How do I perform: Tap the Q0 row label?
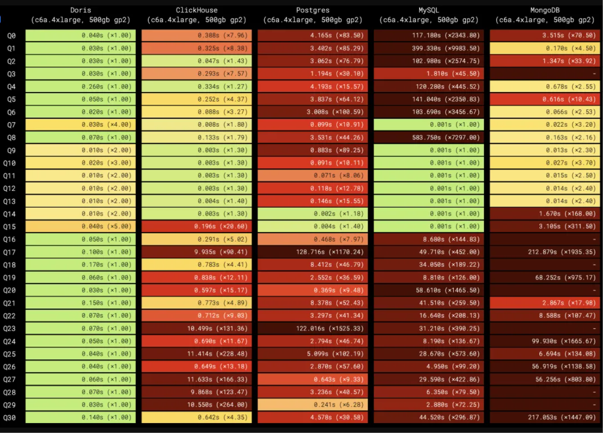11,36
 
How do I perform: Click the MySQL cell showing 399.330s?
429,48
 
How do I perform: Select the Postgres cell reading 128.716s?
312,252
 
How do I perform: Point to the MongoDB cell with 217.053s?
545,418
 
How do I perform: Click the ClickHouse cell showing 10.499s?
197,329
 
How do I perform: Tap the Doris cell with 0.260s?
81,87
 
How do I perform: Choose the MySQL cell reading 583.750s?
429,137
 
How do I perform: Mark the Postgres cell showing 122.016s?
312,329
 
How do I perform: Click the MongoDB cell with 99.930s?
545,341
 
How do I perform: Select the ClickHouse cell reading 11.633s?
197,380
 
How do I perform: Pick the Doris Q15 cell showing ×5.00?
81,226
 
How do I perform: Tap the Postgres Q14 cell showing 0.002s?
312,214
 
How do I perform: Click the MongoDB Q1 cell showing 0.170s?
545,48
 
